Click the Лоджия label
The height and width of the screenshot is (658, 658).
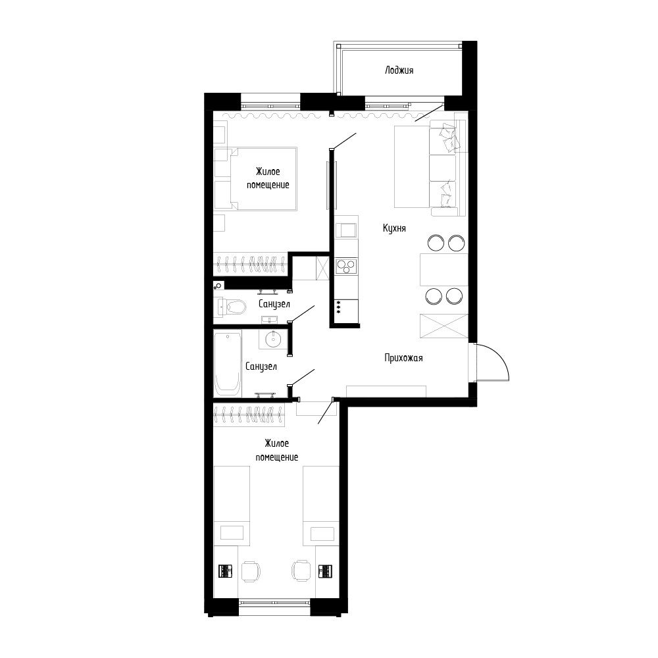point(399,70)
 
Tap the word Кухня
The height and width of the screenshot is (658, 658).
point(394,228)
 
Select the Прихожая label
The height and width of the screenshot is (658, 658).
point(403,358)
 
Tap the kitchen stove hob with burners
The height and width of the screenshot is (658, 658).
point(347,265)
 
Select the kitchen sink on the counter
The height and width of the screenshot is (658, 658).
point(346,230)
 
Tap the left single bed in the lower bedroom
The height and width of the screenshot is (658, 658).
point(232,504)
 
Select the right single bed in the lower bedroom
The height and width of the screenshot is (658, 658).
point(321,504)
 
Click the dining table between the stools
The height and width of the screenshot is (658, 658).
point(443,270)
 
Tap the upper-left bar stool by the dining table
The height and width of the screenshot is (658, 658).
point(436,243)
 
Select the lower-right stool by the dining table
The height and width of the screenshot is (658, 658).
point(455,296)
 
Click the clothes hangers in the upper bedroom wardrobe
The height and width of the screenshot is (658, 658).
point(250,265)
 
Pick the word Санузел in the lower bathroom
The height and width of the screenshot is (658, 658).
point(261,367)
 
